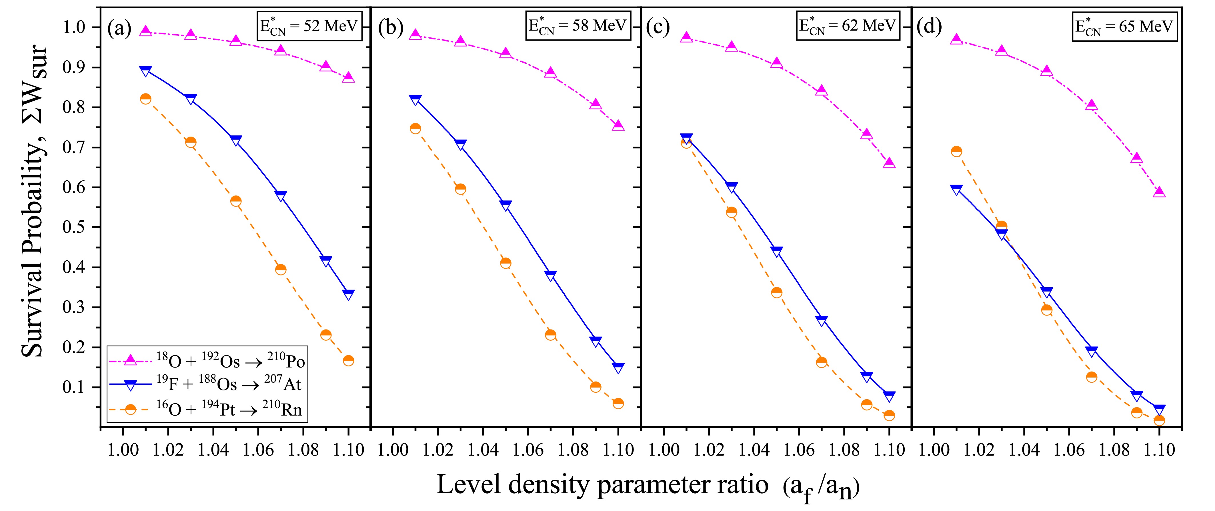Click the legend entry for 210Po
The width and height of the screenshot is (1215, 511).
tap(207, 361)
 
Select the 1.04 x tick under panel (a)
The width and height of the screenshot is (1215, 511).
tap(213, 450)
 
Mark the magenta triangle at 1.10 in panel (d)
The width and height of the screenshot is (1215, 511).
tap(1159, 191)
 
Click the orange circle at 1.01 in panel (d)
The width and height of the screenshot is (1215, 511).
tap(956, 151)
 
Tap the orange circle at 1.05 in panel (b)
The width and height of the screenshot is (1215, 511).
tap(505, 263)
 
